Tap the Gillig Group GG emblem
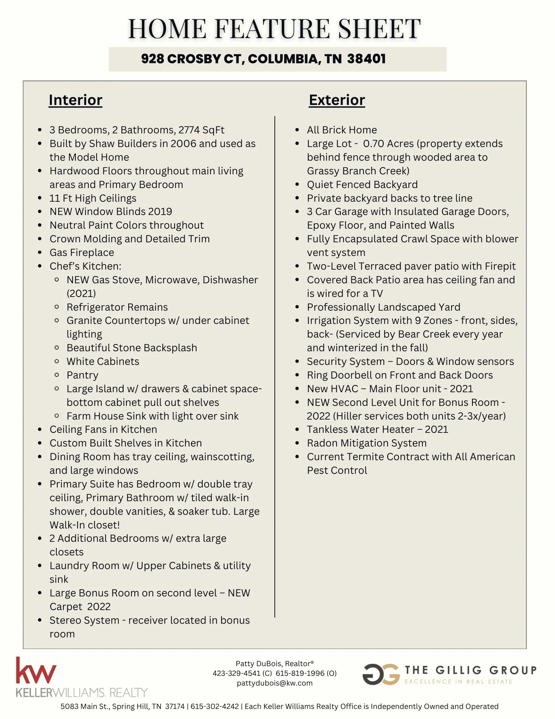tap(381, 674)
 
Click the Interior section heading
tap(75, 100)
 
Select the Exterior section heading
tap(337, 100)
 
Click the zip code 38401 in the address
tap(366, 59)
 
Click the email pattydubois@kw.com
tap(274, 683)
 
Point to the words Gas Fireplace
tap(82, 252)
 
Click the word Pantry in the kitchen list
tap(82, 375)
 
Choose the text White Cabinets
tap(103, 361)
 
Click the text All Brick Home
tap(342, 130)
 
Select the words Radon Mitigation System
tap(366, 443)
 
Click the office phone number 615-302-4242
tap(214, 706)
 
